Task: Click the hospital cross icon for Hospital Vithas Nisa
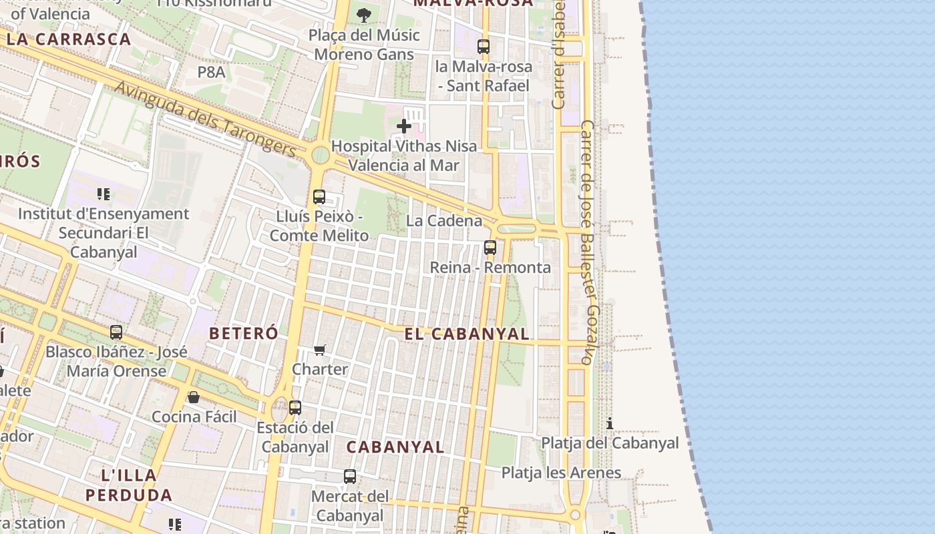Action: coord(403,125)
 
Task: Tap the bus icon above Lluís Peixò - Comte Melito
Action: coord(319,197)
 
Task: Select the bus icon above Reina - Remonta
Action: coord(490,248)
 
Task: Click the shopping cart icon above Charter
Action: coord(320,350)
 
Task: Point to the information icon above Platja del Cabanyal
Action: coord(609,423)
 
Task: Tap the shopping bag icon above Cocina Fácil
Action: coord(194,397)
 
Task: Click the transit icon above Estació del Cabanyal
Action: coord(295,407)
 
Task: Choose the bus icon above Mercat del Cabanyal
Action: coord(350,477)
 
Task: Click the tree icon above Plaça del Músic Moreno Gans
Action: coord(363,15)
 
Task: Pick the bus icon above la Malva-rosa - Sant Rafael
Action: coord(484,47)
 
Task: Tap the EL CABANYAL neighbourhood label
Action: coord(467,334)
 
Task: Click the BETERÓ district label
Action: coord(244,333)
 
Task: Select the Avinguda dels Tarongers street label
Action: coord(205,120)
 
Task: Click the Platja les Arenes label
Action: coord(561,473)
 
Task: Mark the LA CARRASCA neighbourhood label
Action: coord(69,39)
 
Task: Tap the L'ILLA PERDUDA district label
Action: coord(129,485)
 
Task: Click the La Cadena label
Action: coord(444,221)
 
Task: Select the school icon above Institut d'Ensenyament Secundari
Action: coord(103,194)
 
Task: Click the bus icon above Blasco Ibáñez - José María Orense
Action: coord(116,332)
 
